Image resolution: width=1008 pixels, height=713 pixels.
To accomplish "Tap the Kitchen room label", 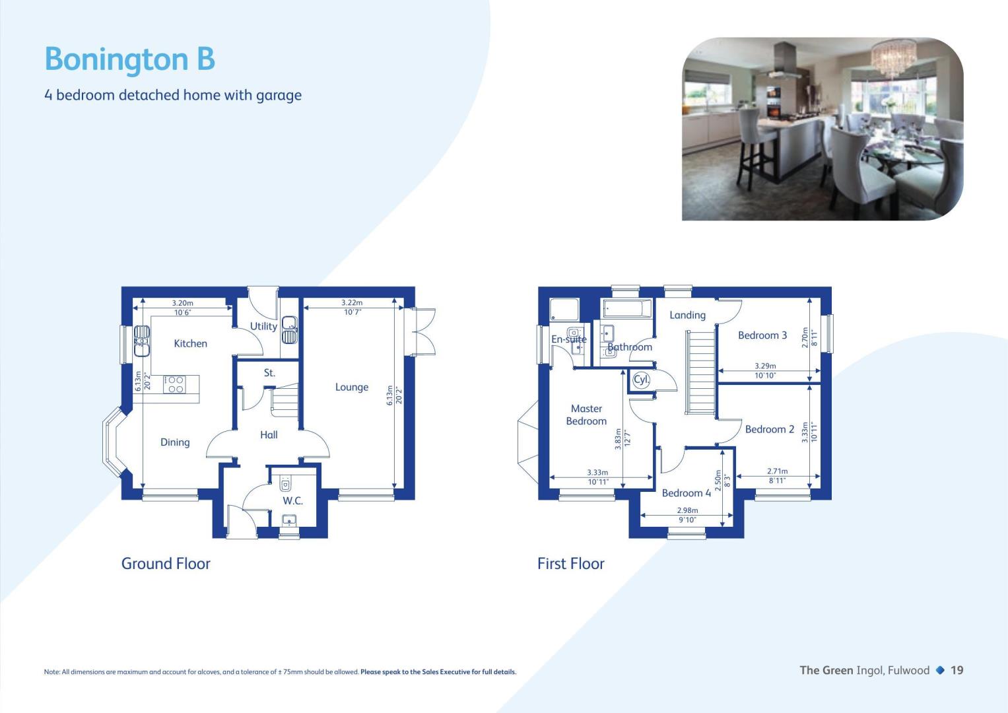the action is click(x=190, y=343).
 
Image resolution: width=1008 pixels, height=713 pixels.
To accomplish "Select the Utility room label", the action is click(x=263, y=326).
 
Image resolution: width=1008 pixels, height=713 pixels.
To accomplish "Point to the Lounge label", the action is click(x=351, y=388).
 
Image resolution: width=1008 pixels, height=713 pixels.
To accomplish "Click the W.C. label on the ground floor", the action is click(x=292, y=500).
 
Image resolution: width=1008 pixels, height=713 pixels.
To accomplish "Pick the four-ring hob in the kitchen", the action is click(x=174, y=384).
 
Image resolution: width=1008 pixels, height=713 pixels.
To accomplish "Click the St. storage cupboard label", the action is click(x=269, y=373).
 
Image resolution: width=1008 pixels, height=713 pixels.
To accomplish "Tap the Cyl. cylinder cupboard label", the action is click(x=641, y=380).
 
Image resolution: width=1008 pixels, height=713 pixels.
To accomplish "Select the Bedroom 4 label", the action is click(x=687, y=493).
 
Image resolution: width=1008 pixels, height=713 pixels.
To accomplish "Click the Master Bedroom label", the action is click(x=586, y=415).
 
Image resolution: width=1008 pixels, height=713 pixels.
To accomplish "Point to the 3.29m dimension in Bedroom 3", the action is click(x=765, y=366).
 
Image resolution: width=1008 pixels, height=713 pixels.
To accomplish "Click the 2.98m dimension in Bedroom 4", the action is click(x=687, y=510).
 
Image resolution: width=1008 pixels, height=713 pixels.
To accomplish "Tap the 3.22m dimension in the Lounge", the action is click(x=351, y=302).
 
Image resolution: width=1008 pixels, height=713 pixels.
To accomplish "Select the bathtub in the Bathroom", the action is click(x=627, y=309).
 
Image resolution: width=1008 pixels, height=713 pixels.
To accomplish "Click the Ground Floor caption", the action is click(x=166, y=564).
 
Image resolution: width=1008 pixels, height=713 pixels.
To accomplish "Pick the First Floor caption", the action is click(x=570, y=564).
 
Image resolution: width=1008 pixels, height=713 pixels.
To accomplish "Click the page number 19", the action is click(x=957, y=670).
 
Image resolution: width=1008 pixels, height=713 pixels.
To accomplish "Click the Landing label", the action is click(x=687, y=316).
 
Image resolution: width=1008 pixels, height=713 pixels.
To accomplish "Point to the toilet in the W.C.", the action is click(x=285, y=483).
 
